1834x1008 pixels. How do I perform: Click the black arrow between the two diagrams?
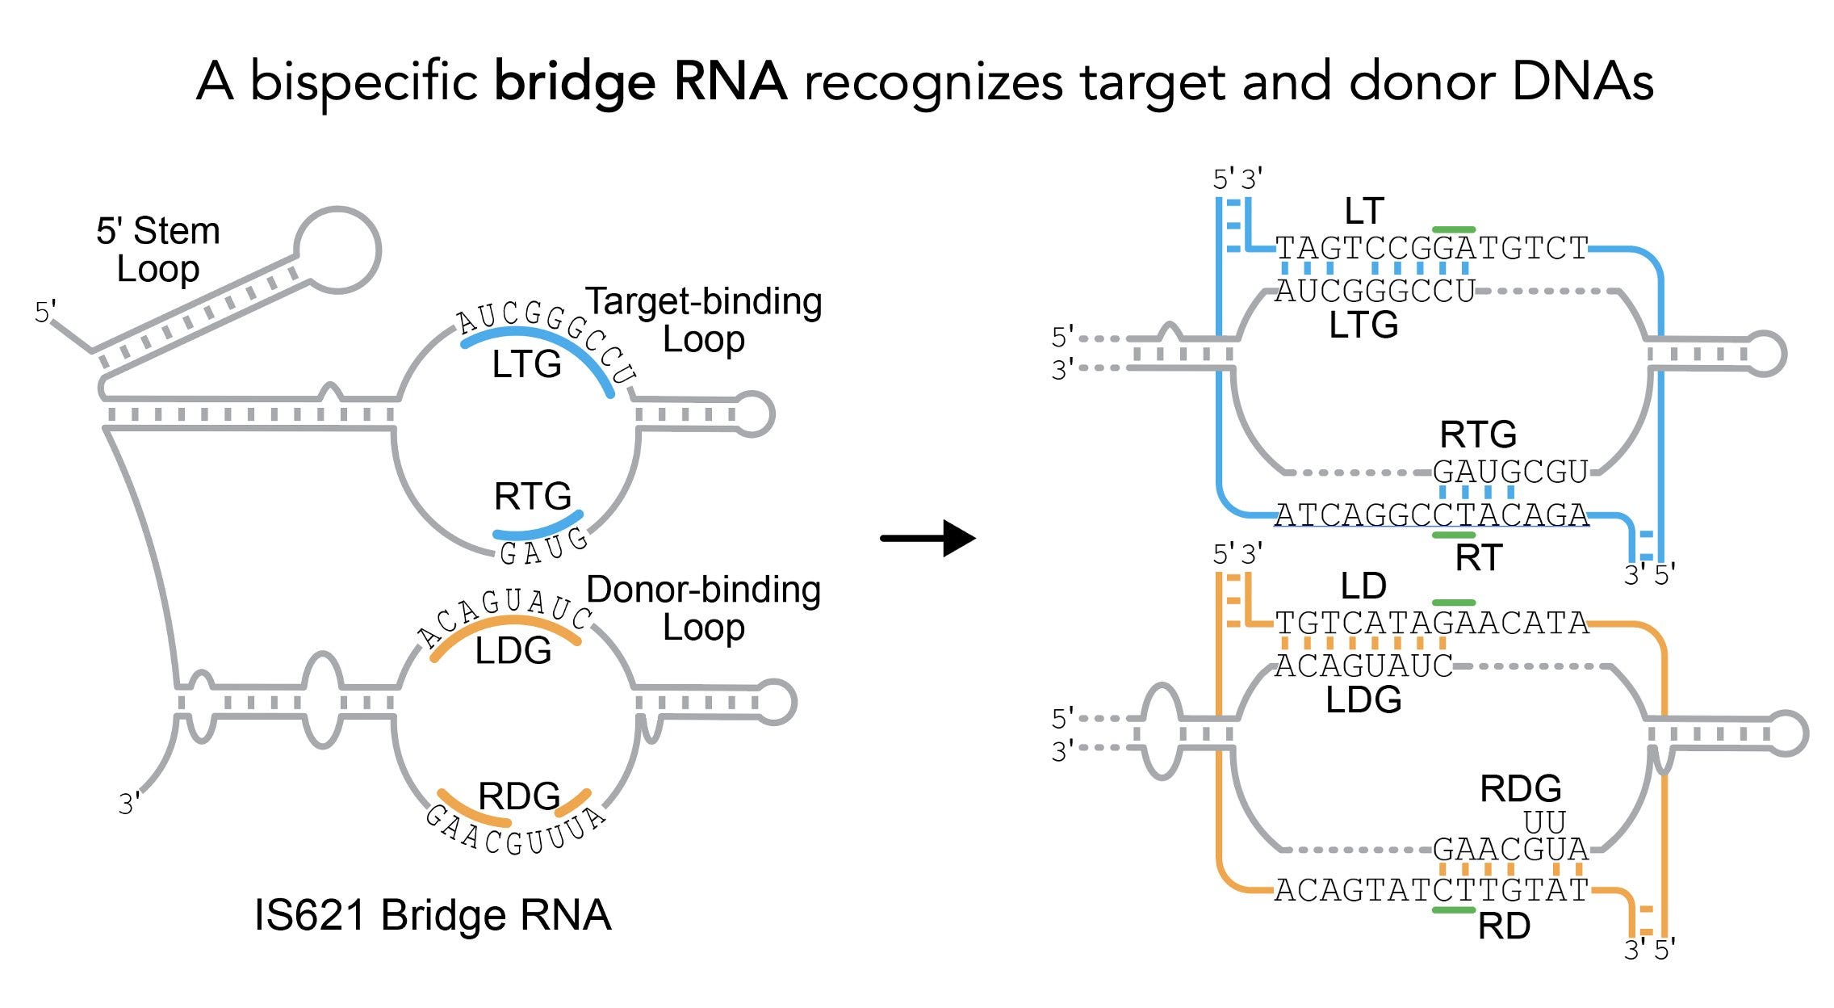[928, 538]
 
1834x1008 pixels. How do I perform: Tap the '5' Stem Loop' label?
[158, 250]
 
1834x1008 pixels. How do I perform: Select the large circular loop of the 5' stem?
[337, 249]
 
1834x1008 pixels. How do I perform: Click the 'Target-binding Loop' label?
[703, 320]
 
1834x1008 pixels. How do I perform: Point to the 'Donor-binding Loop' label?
[703, 608]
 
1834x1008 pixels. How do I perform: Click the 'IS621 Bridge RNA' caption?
[433, 915]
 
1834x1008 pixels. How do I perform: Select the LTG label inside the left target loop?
[526, 364]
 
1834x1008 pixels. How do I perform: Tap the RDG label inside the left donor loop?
[519, 796]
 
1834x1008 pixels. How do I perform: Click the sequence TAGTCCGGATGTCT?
[1432, 248]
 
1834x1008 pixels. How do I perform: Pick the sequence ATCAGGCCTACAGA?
[1432, 514]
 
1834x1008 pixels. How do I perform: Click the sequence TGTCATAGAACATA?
[1432, 623]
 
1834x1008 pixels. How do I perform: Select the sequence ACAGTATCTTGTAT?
[1432, 890]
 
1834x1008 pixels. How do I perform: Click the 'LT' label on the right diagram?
[1364, 212]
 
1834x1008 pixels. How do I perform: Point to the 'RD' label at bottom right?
[1504, 926]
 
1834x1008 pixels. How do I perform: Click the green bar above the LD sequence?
[1453, 603]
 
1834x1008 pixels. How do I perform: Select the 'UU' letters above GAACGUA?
[1544, 822]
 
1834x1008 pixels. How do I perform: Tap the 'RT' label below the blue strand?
[1479, 557]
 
